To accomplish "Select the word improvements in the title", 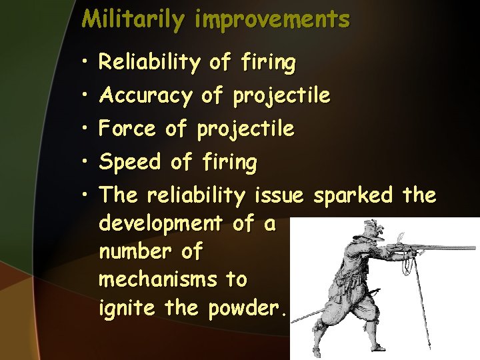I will [272, 19].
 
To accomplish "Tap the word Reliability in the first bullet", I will [149, 63].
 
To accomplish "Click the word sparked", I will [353, 195].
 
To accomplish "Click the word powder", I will [250, 309].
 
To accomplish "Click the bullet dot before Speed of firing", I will [86, 162].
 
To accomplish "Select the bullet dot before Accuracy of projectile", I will [86, 97].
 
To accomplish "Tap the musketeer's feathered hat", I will [370, 230].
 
